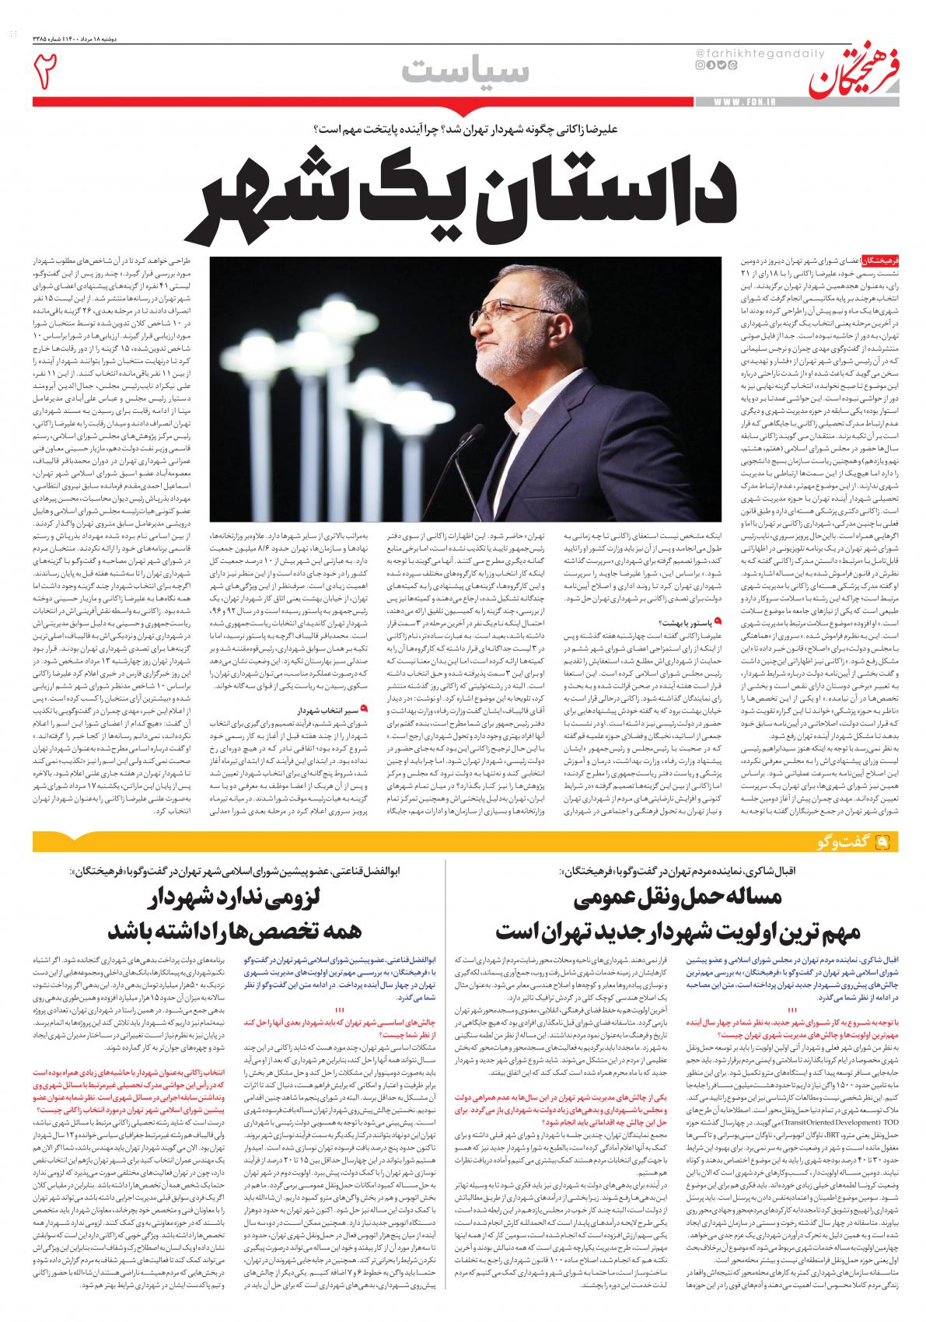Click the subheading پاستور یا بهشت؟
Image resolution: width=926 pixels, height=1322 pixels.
click(687, 622)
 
